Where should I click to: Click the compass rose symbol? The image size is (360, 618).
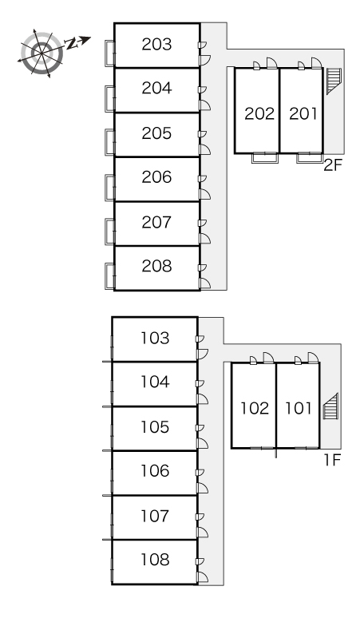[x=42, y=53]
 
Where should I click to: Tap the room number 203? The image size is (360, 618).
[x=156, y=45]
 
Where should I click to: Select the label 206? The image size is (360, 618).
[x=156, y=177]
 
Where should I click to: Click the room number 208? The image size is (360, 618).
[x=156, y=267]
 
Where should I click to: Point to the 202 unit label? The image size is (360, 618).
[x=259, y=113]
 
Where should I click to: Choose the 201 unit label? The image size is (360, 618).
[x=303, y=113]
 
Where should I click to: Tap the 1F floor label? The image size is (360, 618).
[x=331, y=460]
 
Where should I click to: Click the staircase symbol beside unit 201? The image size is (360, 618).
[x=333, y=81]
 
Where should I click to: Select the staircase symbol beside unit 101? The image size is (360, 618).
[x=330, y=406]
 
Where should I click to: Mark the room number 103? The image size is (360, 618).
[x=155, y=339]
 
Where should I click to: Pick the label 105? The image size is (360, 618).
[x=155, y=427]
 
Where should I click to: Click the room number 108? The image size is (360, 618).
[x=155, y=559]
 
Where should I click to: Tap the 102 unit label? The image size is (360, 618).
[x=255, y=408]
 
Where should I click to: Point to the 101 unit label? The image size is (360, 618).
[x=299, y=408]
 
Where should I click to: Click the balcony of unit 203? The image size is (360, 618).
[x=109, y=53]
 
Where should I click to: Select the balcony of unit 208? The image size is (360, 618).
[x=109, y=277]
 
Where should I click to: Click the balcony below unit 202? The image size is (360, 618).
[x=265, y=157]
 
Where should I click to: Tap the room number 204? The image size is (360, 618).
[x=156, y=89]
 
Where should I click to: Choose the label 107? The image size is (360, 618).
[x=155, y=516]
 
